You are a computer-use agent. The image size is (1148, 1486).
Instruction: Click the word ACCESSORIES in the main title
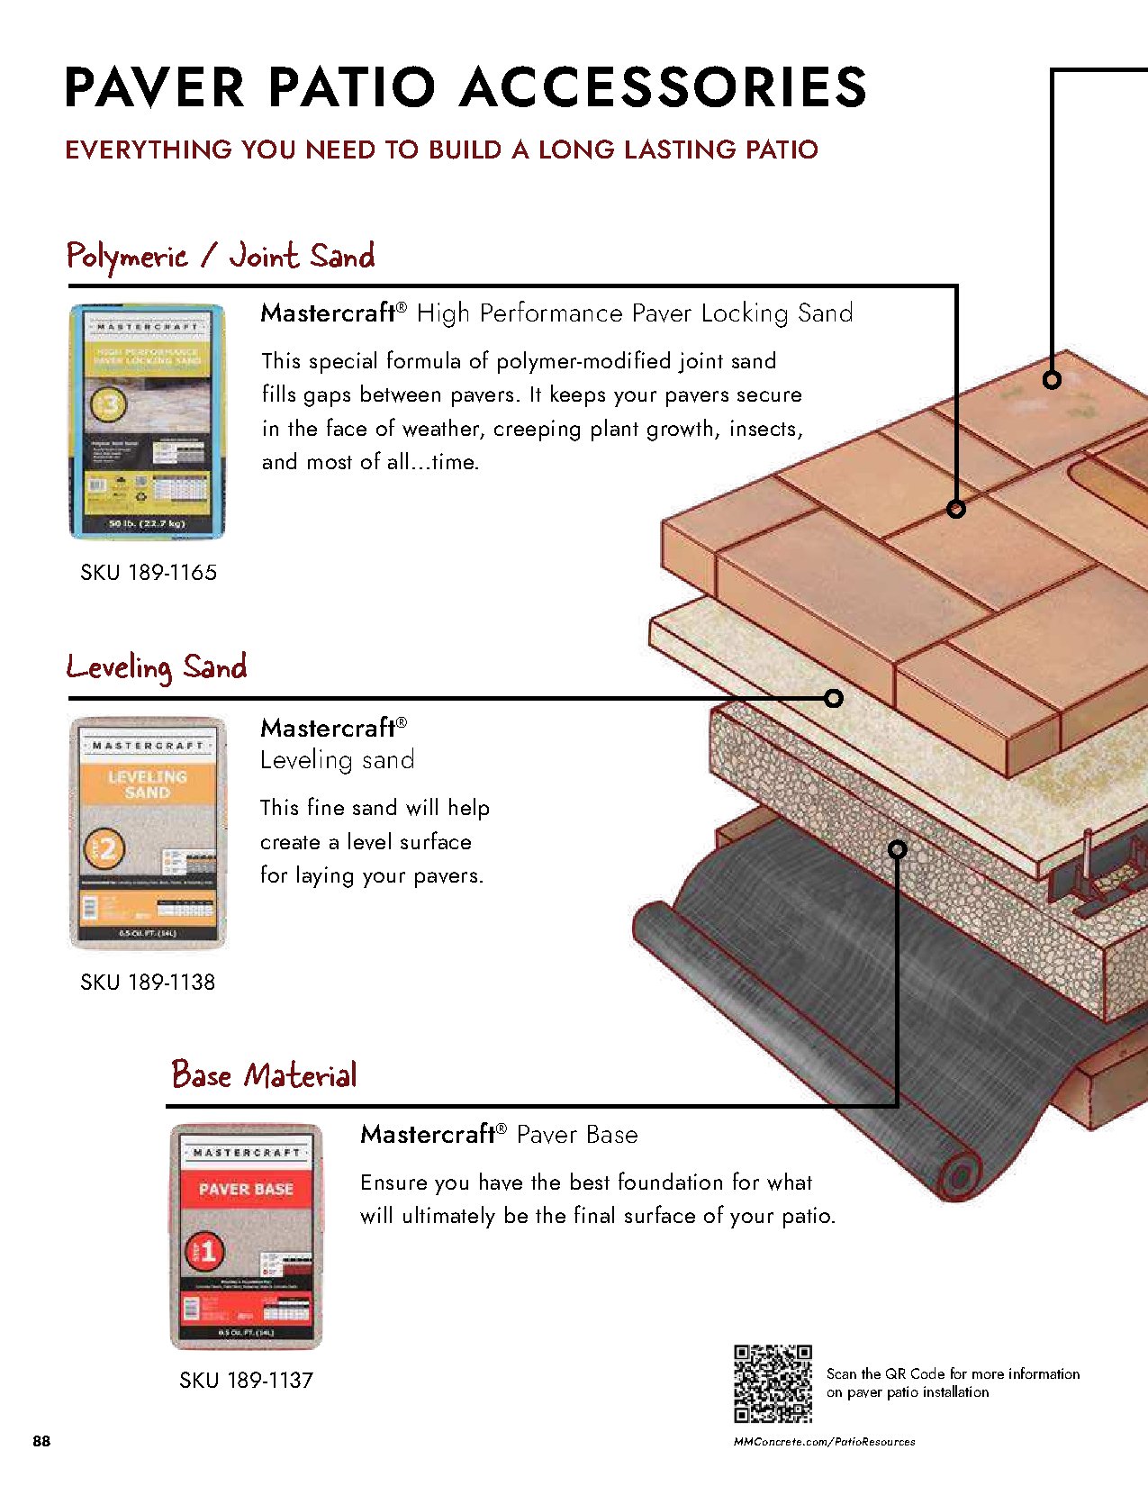click(664, 88)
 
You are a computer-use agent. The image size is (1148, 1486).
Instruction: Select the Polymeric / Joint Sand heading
click(220, 256)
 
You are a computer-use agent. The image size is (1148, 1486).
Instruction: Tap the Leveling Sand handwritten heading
click(157, 667)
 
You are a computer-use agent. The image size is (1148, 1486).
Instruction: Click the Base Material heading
click(264, 1074)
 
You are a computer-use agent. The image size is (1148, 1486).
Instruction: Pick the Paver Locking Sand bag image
click(148, 421)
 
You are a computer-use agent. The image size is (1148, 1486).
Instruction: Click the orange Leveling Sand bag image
click(148, 832)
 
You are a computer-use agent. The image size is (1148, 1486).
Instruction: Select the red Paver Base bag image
click(246, 1236)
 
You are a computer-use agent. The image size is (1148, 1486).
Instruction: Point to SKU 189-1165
click(149, 573)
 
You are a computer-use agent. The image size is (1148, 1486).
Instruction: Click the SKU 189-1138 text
click(148, 983)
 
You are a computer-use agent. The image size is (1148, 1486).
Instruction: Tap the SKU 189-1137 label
click(246, 1381)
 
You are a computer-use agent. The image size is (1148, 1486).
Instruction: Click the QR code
click(773, 1383)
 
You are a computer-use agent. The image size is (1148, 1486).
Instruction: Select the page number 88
click(41, 1441)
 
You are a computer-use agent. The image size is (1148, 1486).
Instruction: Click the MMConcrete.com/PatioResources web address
click(824, 1442)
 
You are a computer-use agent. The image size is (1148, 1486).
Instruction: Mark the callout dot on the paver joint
click(956, 509)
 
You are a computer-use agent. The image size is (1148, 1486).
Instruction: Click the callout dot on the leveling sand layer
click(834, 698)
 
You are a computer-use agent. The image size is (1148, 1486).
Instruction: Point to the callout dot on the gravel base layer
click(897, 848)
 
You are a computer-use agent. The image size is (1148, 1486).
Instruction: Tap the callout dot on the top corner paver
click(1052, 380)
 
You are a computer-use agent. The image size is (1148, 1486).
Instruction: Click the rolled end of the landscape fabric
click(960, 1175)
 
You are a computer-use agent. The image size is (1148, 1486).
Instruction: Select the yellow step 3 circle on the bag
click(107, 406)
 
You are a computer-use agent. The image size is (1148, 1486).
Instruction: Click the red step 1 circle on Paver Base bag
click(205, 1251)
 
